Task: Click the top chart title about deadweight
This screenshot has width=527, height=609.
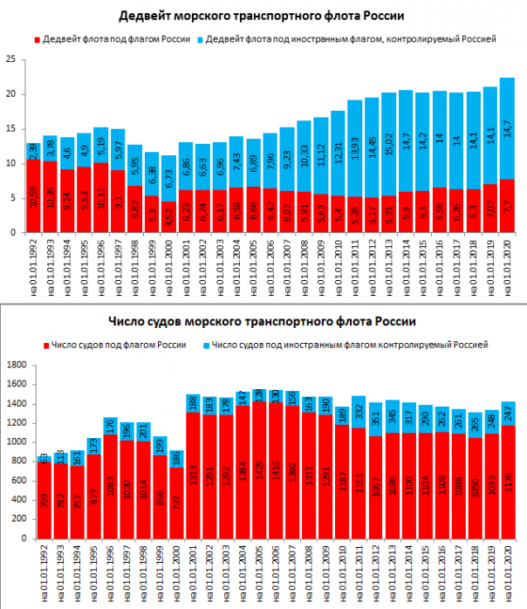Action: (262, 17)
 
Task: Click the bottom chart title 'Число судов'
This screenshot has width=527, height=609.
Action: (262, 323)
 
